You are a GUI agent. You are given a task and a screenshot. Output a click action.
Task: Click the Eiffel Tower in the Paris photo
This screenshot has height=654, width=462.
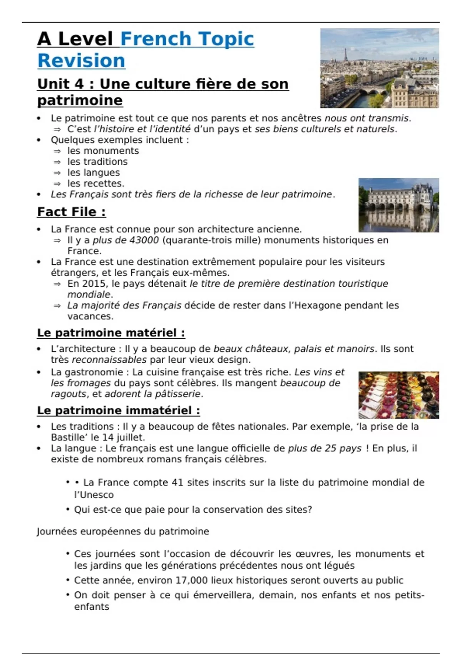pyautogui.click(x=346, y=57)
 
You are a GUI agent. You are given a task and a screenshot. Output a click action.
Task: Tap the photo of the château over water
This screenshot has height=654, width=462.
pyautogui.click(x=398, y=205)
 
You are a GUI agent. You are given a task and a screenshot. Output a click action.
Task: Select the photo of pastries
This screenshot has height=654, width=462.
pyautogui.click(x=398, y=395)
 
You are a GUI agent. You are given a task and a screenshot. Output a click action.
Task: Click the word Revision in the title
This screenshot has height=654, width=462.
pyautogui.click(x=81, y=61)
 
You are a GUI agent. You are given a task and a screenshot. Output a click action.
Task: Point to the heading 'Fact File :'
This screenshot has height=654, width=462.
pyautogui.click(x=71, y=212)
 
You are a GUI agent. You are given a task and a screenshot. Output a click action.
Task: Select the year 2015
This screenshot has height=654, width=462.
pyautogui.click(x=93, y=284)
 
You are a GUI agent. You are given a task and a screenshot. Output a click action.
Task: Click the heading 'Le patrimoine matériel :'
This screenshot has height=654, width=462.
pyautogui.click(x=111, y=333)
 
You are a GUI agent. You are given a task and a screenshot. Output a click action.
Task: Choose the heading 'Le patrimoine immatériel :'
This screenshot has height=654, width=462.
pyautogui.click(x=118, y=410)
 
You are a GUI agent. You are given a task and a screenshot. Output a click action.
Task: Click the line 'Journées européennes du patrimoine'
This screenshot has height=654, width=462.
pyautogui.click(x=123, y=531)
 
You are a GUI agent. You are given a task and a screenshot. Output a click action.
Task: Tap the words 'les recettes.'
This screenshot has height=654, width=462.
pyautogui.click(x=96, y=184)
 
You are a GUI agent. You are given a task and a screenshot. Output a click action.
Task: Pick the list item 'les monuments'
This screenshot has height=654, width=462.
pyautogui.click(x=103, y=151)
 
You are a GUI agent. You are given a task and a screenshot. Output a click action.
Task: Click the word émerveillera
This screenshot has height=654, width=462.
pyautogui.click(x=223, y=595)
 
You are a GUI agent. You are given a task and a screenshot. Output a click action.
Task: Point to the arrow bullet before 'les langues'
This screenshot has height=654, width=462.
pyautogui.click(x=57, y=173)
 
